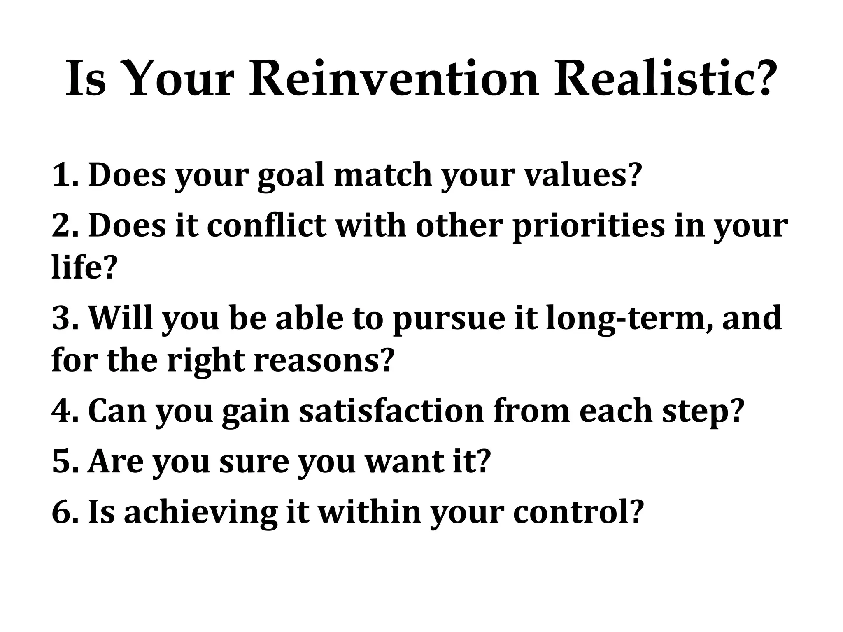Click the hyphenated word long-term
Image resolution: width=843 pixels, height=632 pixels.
pos(630,319)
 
